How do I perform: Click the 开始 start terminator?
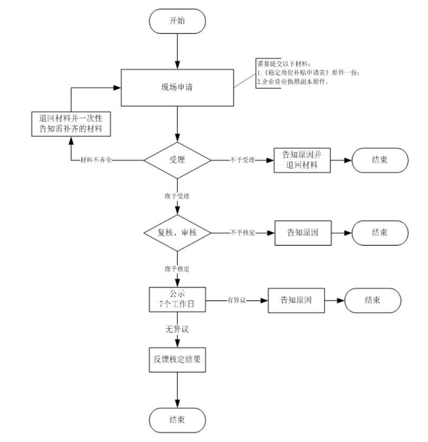point(177,21)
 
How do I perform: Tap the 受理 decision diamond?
point(177,159)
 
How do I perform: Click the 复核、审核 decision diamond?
point(177,232)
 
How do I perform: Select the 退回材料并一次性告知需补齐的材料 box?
point(71,123)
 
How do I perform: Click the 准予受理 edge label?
point(177,196)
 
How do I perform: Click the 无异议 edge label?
point(177,329)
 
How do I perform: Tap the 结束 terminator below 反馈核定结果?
point(177,420)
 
